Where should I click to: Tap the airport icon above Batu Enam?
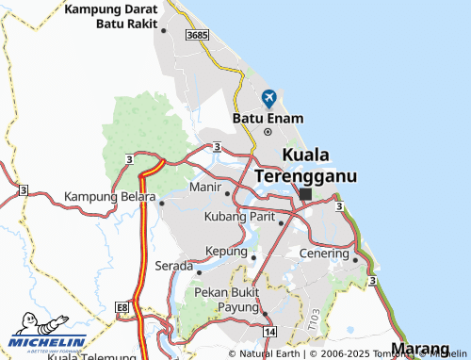tap(268, 98)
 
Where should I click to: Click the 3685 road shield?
tap(197, 35)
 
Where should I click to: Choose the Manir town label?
tap(204, 188)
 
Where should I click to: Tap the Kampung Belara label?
tap(109, 197)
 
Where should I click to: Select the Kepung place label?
tap(226, 252)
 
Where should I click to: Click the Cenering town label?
tap(323, 254)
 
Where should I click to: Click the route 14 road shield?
tap(270, 333)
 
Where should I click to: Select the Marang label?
tap(420, 350)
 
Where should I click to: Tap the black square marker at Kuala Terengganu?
tap(305, 193)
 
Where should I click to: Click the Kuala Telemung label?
tap(89, 356)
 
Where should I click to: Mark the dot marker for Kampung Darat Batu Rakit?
tap(163, 30)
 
